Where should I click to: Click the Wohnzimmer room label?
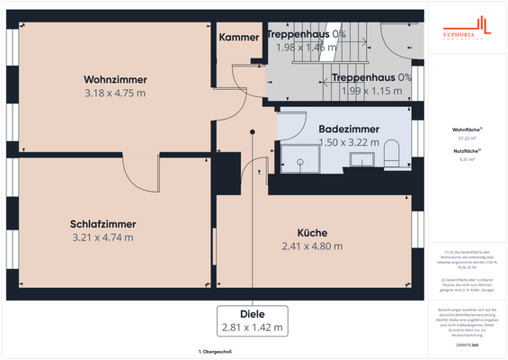115,78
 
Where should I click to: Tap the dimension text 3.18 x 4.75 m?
115,93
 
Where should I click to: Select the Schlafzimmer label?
102,224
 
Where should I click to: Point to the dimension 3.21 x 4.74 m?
102,238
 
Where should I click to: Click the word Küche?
312,232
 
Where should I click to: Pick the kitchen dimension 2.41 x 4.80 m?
312,246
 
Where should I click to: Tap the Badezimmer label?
349,129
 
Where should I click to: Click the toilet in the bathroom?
392,157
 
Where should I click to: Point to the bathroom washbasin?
361,160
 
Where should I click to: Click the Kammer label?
239,38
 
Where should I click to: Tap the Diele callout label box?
253,319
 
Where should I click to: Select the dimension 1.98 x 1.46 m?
306,48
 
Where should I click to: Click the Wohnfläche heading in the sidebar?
465,130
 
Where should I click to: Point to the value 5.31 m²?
465,159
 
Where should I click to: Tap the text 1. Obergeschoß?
216,352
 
